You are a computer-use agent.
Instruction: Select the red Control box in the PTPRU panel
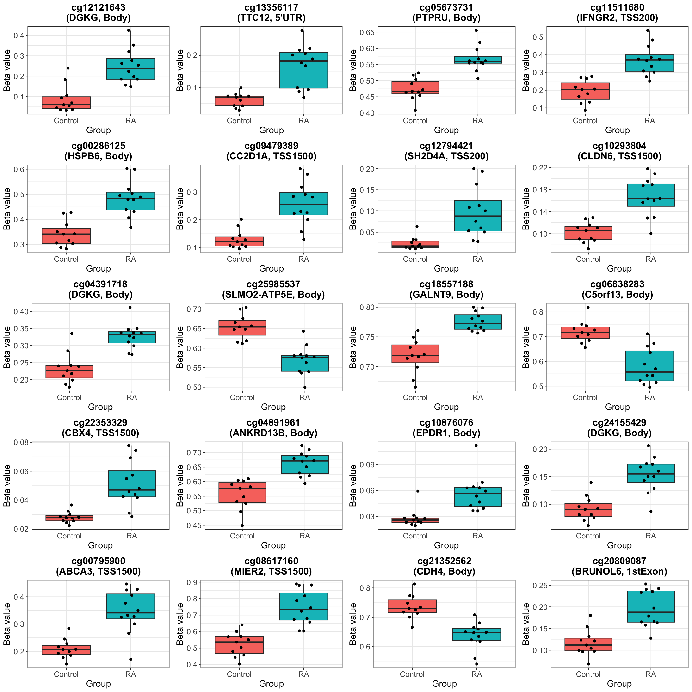[415, 88]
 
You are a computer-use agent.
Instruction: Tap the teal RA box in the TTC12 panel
[303, 70]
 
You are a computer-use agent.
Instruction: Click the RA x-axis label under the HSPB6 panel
[130, 259]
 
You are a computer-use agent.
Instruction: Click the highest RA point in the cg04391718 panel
[130, 307]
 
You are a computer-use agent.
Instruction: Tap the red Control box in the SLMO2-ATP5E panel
[242, 328]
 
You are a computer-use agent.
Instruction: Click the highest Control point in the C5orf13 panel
[588, 307]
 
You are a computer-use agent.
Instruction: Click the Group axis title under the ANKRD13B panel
[273, 545]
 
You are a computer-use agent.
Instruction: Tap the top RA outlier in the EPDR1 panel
[476, 445]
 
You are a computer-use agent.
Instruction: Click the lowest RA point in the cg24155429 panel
[651, 511]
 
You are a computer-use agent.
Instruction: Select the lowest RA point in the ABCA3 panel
[131, 659]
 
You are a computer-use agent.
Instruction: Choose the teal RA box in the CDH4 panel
[476, 634]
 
